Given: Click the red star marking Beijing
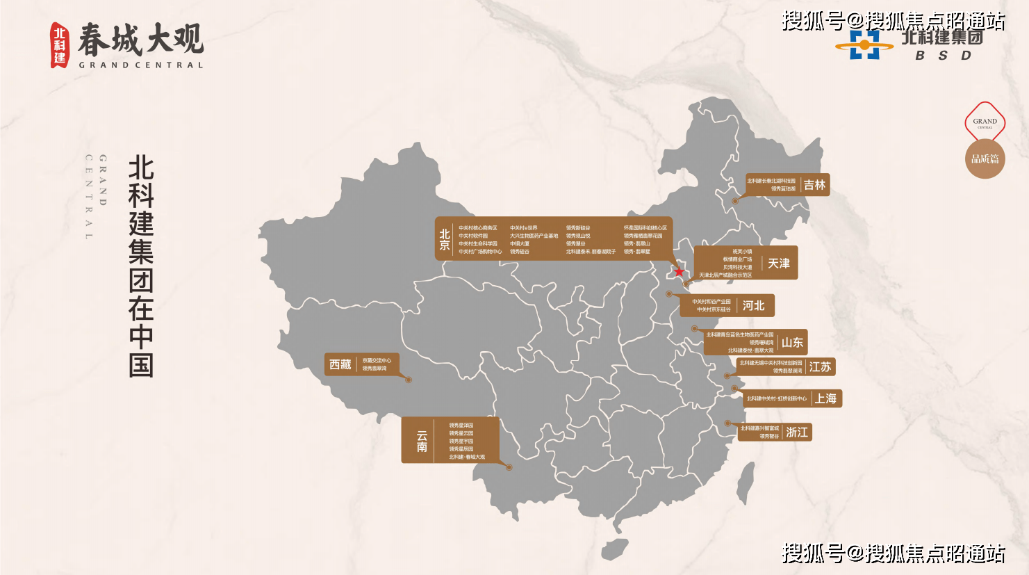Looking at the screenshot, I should point(680,272).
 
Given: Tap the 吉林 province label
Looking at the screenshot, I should point(814,185).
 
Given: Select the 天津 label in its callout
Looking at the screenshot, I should point(779,264).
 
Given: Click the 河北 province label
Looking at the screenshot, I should point(753,305).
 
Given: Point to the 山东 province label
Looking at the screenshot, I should point(792,342).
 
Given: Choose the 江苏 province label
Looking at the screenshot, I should point(820,367).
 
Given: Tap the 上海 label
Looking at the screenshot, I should point(826,398).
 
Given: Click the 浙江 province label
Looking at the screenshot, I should point(797,432).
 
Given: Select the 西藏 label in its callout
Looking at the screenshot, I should point(340,364).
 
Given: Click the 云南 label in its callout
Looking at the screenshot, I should point(422,441).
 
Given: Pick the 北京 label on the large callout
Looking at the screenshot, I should point(445,240).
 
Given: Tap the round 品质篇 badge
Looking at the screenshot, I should point(985,159).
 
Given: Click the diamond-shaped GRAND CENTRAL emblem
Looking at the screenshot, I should point(985,122).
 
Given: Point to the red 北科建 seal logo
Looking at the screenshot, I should point(60,44).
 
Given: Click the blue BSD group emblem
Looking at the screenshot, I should point(864,46).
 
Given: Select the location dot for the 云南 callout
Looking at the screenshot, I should point(509,467).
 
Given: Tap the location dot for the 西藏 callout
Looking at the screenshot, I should point(409,380).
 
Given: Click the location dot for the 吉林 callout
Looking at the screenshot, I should point(735,201).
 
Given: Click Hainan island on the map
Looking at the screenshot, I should point(616,549).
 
